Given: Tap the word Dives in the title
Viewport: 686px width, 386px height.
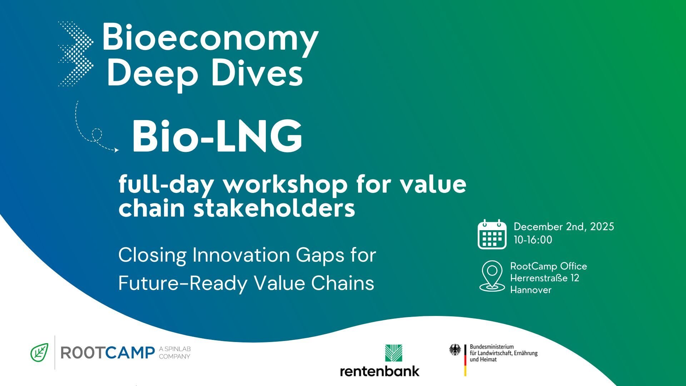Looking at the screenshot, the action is tap(257, 73).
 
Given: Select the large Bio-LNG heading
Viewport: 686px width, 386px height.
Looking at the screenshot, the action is tap(217, 137).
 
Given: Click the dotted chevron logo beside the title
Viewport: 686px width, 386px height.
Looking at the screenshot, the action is tap(76, 54).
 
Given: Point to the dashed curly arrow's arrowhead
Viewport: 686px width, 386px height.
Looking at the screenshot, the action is tap(116, 150).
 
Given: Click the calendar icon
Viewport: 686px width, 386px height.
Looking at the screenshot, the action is tap(492, 234).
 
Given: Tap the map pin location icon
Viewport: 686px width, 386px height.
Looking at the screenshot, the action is tap(492, 276).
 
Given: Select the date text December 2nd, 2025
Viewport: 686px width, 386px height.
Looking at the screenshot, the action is tap(564, 227).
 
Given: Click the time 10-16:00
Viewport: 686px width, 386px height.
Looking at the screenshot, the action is tap(533, 239).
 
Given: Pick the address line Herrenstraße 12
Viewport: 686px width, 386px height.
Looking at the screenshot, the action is tap(545, 278).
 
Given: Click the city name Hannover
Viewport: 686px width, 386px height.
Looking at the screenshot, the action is tap(531, 289).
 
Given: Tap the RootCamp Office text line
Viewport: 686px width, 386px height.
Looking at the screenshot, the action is tap(548, 266).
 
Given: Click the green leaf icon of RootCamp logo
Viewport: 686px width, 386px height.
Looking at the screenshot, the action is tap(39, 352).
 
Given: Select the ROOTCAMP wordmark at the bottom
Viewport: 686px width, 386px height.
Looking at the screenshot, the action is tap(108, 353).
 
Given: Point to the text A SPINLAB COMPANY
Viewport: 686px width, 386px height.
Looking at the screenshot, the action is tap(175, 353).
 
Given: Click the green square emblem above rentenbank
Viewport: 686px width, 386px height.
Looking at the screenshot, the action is tap(394, 353).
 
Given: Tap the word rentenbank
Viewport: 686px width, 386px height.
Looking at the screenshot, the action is tap(379, 371).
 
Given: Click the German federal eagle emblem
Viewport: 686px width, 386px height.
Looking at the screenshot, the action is tap(455, 350).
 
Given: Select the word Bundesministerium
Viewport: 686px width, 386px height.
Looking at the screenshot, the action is tap(492, 347).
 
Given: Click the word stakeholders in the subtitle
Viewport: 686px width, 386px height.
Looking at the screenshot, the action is tap(274, 208).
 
